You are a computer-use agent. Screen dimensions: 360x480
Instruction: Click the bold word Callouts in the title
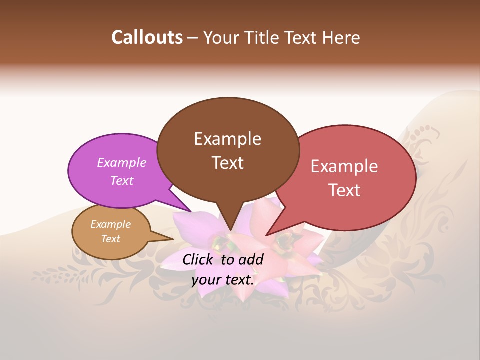pos(147,37)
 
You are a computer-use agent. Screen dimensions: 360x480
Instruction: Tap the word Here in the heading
pos(341,37)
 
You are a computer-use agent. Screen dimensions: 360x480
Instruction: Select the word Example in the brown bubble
pos(227,139)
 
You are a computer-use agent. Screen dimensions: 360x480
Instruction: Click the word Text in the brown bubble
pos(227,162)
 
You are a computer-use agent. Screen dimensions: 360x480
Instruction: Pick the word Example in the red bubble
pos(344,166)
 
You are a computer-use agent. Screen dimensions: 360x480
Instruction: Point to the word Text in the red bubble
pos(344,190)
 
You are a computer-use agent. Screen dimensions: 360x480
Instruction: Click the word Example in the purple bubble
pos(121,162)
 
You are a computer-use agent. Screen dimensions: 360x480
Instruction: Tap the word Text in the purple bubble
pos(121,180)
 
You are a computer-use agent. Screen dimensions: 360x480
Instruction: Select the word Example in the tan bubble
pos(110,224)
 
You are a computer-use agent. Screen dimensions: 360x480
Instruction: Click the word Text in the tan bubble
pos(110,239)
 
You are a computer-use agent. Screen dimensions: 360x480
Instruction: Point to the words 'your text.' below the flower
pos(223,280)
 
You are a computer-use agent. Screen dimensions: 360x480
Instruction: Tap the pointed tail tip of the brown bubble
pos(230,230)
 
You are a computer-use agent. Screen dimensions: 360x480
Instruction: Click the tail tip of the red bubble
pos(266,235)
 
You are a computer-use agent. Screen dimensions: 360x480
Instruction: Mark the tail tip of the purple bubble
pos(191,211)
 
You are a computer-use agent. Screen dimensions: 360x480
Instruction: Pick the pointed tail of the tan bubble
pos(173,239)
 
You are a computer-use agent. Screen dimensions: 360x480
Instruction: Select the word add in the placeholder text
pos(250,259)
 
